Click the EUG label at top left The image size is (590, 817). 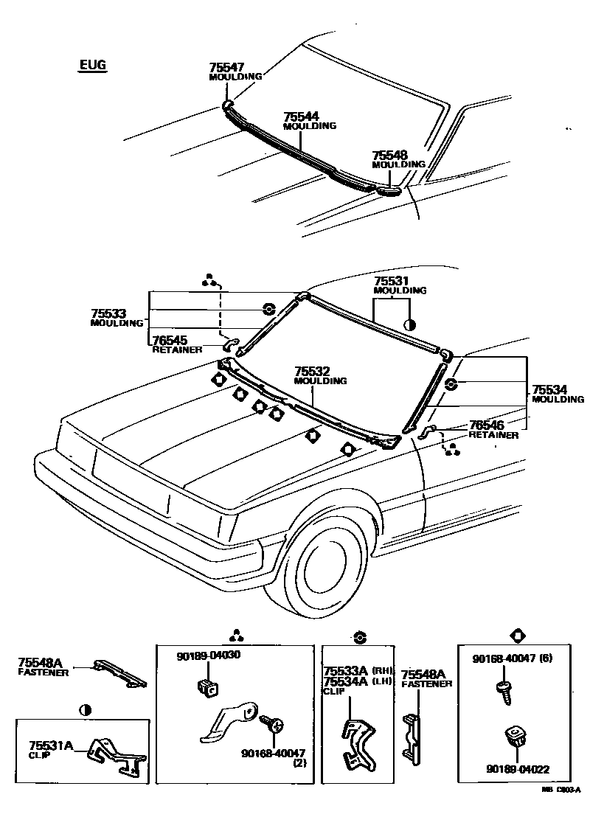click(x=93, y=66)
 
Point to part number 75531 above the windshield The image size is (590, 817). click(x=390, y=282)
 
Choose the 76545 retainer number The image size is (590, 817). click(x=170, y=341)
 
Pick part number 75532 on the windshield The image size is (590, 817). click(x=311, y=372)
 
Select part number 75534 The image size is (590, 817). click(x=550, y=390)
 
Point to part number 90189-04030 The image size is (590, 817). click(x=209, y=655)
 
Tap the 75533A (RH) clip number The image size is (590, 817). click(x=347, y=671)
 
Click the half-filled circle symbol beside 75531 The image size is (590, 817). click(x=411, y=323)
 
